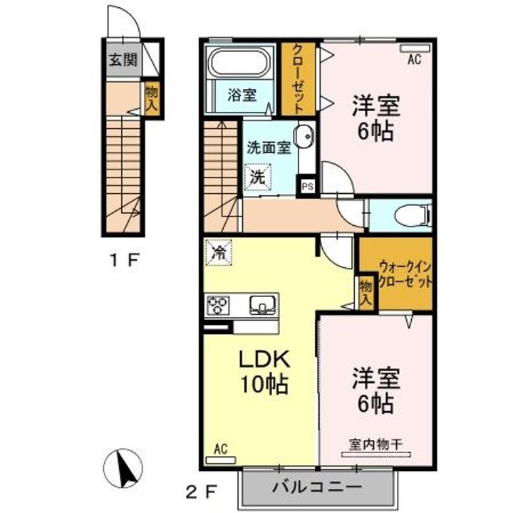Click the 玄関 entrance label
122,60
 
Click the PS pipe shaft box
307,187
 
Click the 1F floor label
127,260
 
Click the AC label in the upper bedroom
414,61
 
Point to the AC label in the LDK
220,449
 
